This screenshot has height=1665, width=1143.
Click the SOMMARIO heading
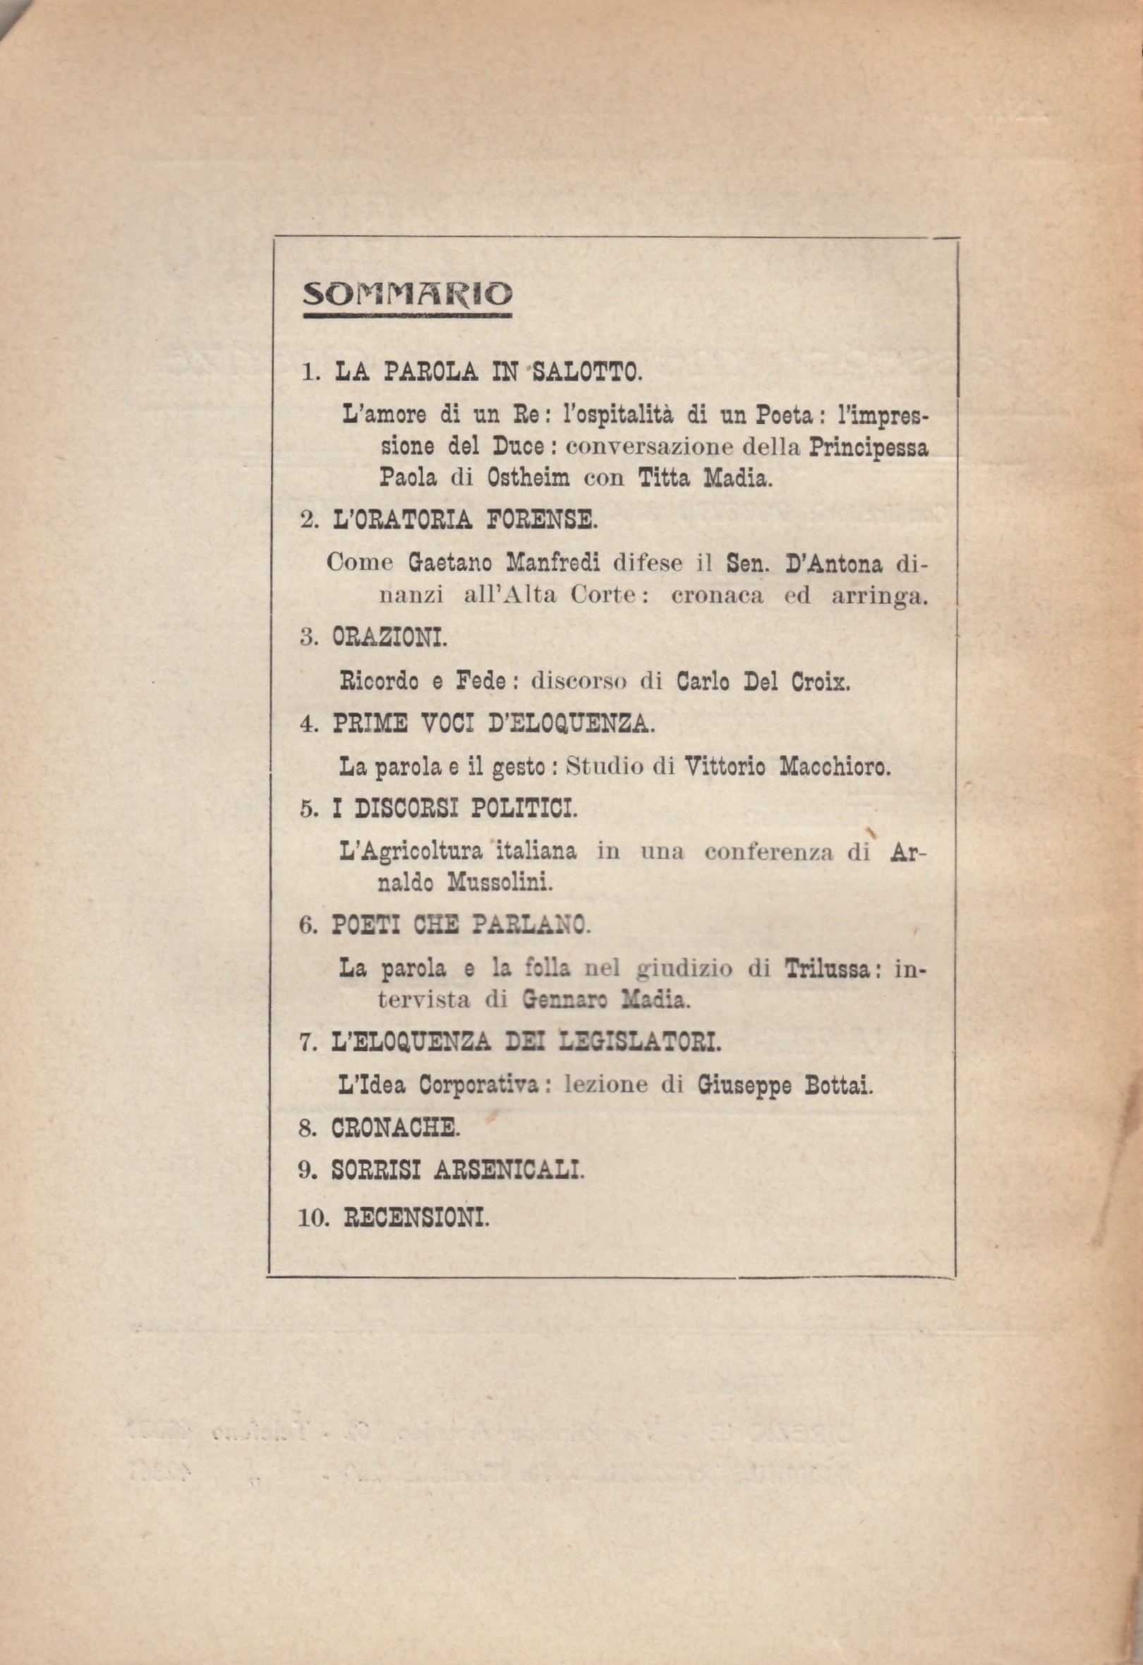click(x=407, y=294)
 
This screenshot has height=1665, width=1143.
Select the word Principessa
click(x=869, y=447)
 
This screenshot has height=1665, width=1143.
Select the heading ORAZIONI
click(x=389, y=638)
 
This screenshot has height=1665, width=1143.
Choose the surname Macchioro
click(x=834, y=767)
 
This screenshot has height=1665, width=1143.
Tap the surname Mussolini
click(x=500, y=883)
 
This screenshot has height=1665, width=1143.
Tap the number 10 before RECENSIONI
click(x=311, y=1218)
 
